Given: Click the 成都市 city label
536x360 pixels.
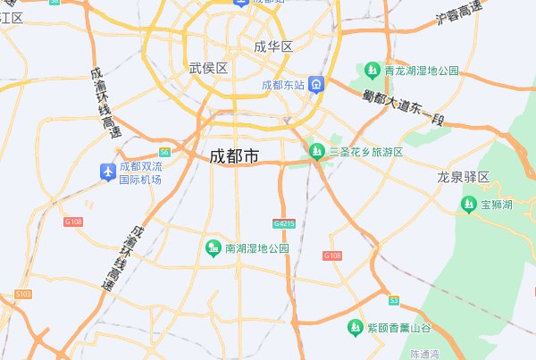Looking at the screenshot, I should pyautogui.click(x=234, y=156).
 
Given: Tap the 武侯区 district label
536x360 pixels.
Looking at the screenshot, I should pyautogui.click(x=209, y=68).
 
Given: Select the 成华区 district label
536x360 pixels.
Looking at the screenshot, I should pyautogui.click(x=273, y=46).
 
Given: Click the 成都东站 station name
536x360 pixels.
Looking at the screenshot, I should pyautogui.click(x=283, y=86).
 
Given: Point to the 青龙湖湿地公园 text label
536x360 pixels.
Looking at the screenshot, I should pyautogui.click(x=422, y=70).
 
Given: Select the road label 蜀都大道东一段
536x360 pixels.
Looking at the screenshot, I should pyautogui.click(x=403, y=106).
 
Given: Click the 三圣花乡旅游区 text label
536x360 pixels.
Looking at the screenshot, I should pyautogui.click(x=366, y=152).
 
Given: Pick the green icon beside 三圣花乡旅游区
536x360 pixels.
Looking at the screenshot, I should pyautogui.click(x=316, y=152).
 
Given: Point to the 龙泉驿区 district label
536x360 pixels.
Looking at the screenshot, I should pyautogui.click(x=464, y=177).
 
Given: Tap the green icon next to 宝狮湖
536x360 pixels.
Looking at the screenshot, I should pyautogui.click(x=468, y=205).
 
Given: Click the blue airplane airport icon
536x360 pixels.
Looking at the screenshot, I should pyautogui.click(x=107, y=170).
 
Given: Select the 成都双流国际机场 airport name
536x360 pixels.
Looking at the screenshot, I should pyautogui.click(x=141, y=172).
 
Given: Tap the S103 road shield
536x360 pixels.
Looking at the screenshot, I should pyautogui.click(x=23, y=293).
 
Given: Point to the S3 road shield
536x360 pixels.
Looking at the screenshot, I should pyautogui.click(x=393, y=300).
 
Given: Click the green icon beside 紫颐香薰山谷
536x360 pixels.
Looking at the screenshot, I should pyautogui.click(x=355, y=328).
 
